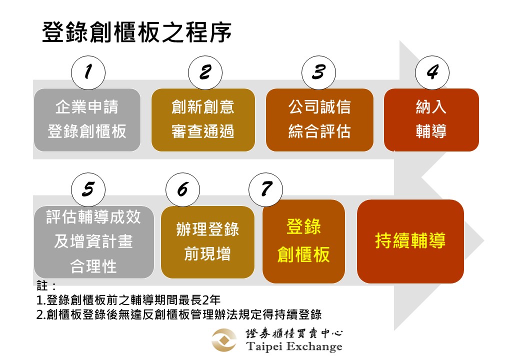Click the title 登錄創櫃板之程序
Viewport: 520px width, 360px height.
click(136, 32)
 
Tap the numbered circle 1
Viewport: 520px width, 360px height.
click(88, 72)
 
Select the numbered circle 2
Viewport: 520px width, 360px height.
click(205, 72)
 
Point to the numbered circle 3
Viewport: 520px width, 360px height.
click(318, 72)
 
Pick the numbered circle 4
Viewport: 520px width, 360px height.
click(432, 72)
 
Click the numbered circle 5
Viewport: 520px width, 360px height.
click(88, 189)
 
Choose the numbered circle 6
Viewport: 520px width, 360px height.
click(182, 189)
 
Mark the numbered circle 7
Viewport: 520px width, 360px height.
click(266, 189)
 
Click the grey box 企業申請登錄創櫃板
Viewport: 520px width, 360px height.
click(87, 119)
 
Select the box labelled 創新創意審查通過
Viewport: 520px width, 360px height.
click(203, 119)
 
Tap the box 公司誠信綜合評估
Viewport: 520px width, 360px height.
click(319, 119)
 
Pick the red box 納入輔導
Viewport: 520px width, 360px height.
click(431, 119)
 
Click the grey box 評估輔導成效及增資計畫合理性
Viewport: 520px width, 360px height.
click(94, 242)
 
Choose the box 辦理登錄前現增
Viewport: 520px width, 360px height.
click(207, 242)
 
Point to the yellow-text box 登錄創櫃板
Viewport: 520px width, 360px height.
click(303, 241)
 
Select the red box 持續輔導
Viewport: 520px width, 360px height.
click(410, 241)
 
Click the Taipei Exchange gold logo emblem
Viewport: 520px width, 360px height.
click(224, 340)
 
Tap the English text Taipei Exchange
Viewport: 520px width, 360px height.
click(294, 346)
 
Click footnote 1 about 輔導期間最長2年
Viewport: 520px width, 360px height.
click(128, 300)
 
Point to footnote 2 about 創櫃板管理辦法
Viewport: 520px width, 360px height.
click(179, 314)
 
